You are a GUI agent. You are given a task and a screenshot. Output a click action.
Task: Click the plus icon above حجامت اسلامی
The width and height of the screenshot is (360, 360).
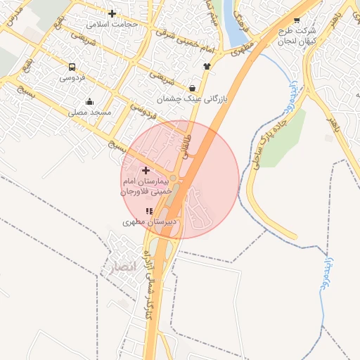point(112,13)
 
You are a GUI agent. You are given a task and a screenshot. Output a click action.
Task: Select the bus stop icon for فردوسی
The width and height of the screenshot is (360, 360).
point(72,67)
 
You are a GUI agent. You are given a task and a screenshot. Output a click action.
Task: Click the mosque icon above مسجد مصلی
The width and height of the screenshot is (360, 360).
point(89,101)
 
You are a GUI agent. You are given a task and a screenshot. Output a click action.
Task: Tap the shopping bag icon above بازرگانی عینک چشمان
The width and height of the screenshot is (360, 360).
point(192,89)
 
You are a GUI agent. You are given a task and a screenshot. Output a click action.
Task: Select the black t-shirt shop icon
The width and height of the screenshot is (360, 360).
point(207,66)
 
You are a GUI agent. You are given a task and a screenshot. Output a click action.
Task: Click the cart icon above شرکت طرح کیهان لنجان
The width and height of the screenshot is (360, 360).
point(297,20)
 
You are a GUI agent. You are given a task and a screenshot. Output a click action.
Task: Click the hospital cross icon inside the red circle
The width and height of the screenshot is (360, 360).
point(146,170)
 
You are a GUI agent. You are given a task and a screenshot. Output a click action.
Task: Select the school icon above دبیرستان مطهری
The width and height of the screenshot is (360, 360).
point(148,210)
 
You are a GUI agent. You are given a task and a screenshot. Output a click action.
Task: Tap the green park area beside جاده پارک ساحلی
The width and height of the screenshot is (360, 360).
point(284,136)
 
